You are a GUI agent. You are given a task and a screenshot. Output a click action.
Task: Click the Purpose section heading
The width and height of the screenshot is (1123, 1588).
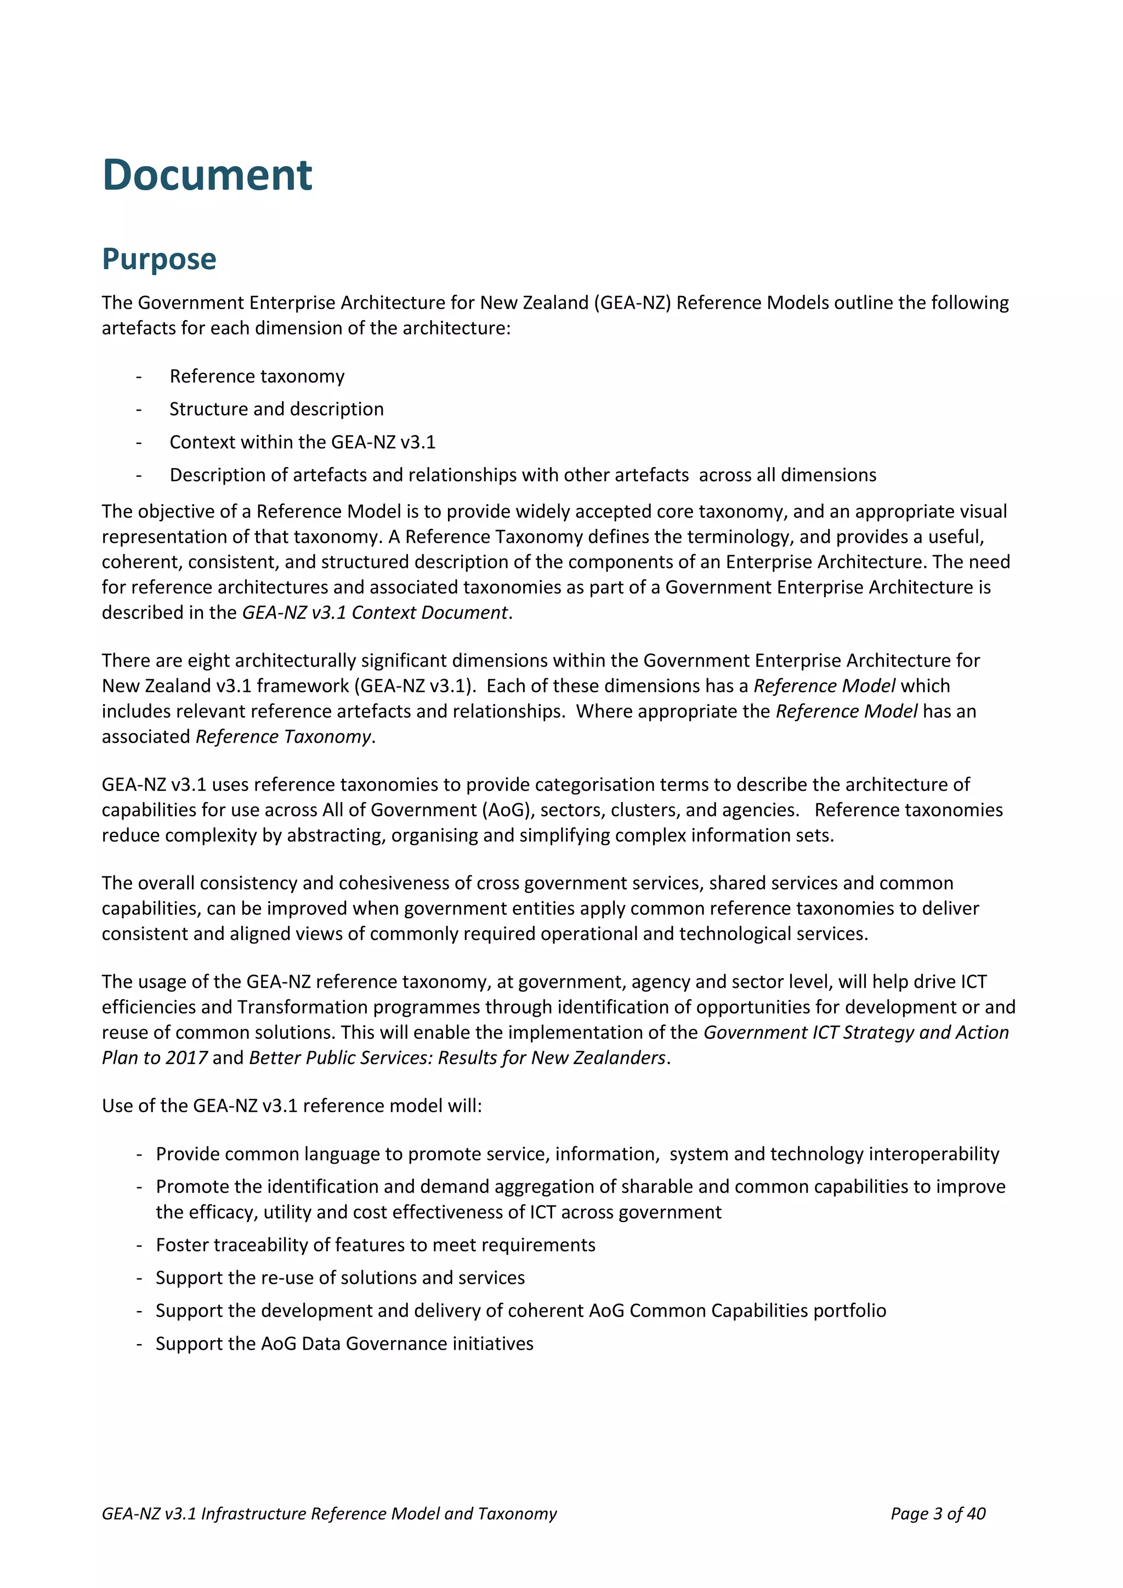[159, 259]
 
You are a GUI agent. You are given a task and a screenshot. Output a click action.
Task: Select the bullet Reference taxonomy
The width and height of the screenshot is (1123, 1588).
[257, 376]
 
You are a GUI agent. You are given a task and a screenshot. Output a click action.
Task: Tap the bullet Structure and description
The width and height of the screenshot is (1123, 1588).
[276, 409]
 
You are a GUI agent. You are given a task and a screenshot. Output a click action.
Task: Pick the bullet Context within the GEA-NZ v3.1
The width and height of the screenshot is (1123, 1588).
[302, 442]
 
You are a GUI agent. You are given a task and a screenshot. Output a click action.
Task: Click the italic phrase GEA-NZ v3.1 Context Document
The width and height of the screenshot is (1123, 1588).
[375, 613]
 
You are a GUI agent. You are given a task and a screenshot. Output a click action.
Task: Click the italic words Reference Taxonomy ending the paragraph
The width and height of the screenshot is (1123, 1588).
[283, 737]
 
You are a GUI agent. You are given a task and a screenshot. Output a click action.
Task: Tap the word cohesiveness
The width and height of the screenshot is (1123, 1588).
[394, 883]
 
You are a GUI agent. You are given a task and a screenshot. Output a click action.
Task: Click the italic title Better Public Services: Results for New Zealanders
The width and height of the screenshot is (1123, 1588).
[457, 1057]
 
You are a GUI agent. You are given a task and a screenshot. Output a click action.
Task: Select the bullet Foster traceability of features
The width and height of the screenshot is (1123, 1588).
[375, 1245]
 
